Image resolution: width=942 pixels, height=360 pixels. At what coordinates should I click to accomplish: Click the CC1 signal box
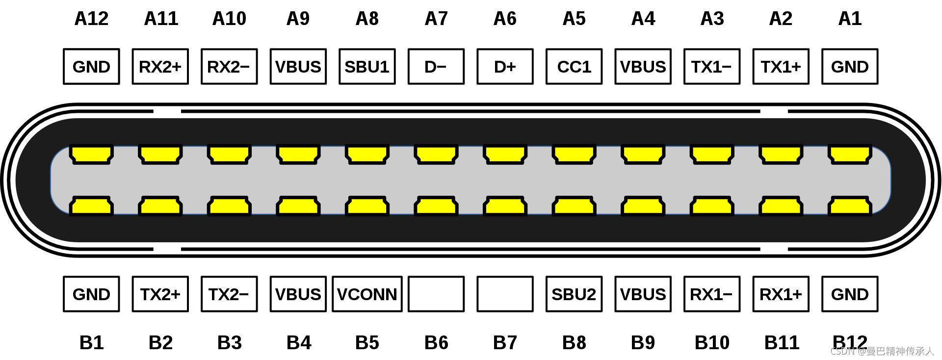[574, 67]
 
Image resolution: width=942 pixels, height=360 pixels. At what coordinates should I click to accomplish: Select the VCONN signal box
[367, 294]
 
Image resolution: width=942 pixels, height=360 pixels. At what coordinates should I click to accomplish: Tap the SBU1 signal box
[367, 67]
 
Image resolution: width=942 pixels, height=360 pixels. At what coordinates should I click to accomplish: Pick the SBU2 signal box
[574, 294]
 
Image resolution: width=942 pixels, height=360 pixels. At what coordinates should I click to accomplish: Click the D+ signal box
[505, 67]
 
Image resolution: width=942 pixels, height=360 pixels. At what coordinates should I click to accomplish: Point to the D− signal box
[436, 67]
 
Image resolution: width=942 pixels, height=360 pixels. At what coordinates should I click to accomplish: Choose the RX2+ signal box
[160, 67]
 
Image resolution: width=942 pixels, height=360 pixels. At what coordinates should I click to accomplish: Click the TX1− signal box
[712, 67]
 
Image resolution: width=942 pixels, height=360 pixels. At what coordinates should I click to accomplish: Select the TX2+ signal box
[160, 294]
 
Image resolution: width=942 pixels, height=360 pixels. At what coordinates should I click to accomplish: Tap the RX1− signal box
[712, 294]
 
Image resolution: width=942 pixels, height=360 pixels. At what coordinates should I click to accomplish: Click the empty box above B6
[436, 294]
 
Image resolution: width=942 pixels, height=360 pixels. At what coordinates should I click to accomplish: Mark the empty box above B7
[505, 294]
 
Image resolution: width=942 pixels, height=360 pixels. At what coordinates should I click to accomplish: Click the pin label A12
[91, 19]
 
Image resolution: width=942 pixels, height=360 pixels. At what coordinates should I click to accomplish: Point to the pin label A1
[850, 19]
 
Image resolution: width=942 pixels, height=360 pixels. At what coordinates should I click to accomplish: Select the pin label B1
[91, 342]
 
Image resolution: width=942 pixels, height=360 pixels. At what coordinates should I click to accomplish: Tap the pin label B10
[712, 342]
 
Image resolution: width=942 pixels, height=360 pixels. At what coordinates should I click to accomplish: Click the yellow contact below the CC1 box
[574, 154]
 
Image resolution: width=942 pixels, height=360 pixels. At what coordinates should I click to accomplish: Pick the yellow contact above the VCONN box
[367, 206]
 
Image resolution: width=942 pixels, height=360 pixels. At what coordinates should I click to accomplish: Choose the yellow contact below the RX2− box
[229, 154]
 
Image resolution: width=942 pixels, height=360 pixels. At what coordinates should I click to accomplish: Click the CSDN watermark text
[882, 351]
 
